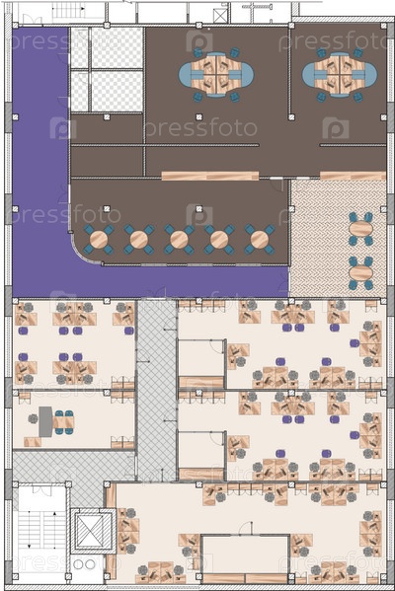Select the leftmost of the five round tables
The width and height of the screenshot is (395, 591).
point(99,240)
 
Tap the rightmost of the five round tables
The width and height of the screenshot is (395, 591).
point(259,240)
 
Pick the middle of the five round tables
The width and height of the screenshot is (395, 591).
point(179,240)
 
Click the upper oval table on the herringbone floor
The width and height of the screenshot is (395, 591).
point(360,229)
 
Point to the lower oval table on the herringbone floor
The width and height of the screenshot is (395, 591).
point(360,272)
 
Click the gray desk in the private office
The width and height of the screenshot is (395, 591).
point(45,421)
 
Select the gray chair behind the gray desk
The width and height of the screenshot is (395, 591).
point(34,418)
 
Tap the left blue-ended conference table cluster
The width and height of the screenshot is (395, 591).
point(216,75)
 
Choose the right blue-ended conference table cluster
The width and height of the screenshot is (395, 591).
point(340,75)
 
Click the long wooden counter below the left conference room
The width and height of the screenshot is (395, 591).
point(210,176)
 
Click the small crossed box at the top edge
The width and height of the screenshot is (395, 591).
point(219,16)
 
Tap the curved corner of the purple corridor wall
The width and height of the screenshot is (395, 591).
point(84,253)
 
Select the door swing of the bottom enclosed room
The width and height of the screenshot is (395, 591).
point(246,528)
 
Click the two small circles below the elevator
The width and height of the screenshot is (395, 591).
point(85,564)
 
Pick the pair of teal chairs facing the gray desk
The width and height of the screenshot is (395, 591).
point(64,422)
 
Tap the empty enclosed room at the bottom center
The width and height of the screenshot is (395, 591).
point(246,554)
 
